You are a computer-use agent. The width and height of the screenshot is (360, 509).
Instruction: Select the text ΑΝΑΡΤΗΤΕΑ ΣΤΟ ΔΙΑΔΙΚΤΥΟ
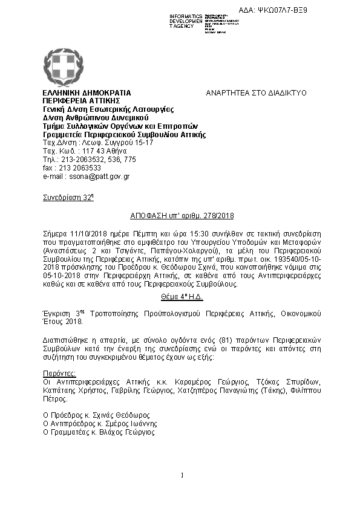pyautogui.click(x=257, y=92)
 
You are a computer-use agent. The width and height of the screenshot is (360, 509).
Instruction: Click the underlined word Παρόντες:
pyautogui.click(x=59, y=374)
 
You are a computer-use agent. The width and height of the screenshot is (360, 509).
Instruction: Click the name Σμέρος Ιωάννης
pyautogui.click(x=130, y=424)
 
